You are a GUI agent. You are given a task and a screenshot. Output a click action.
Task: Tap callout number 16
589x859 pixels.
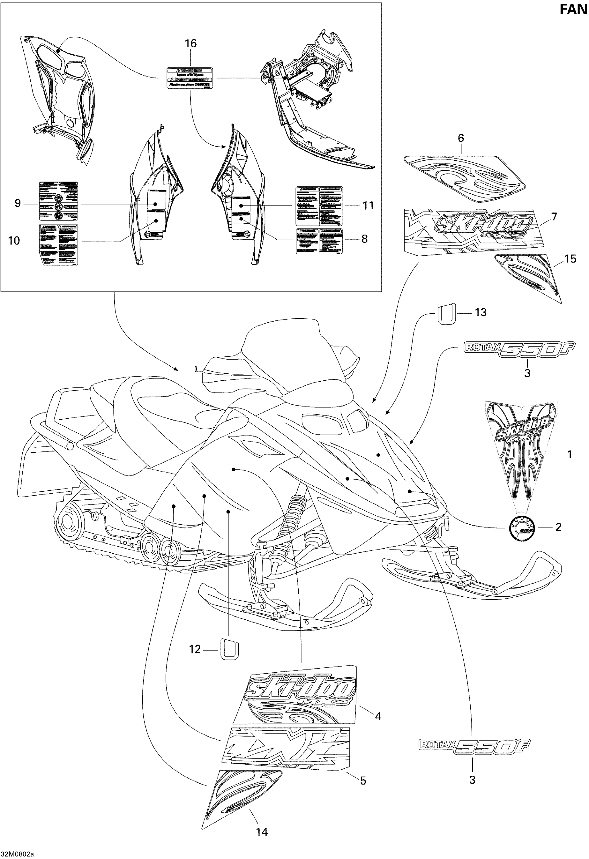[x=191, y=44]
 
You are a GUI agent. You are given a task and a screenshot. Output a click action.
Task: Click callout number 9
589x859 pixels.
[x=18, y=203]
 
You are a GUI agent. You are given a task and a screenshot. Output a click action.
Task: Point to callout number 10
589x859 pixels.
[x=14, y=241]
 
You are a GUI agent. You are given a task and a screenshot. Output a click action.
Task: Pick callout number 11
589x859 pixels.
[x=368, y=206]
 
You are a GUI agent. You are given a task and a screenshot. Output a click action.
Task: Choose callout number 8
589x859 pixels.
[x=364, y=239]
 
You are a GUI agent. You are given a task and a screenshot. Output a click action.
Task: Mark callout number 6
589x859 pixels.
[x=461, y=138]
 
